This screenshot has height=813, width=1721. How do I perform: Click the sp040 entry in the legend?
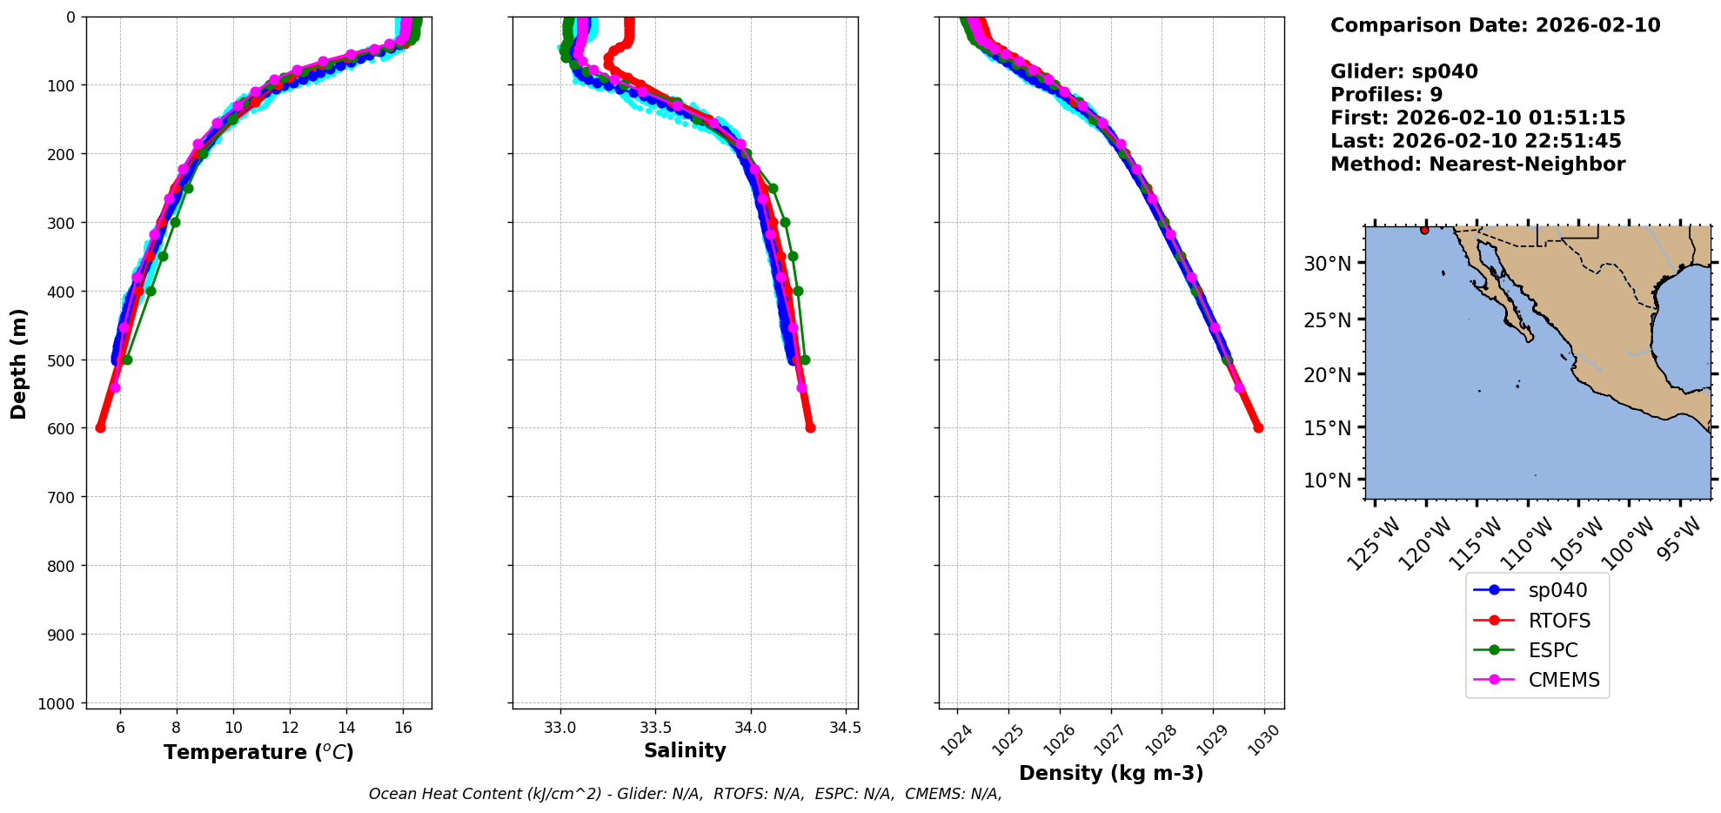point(1557,590)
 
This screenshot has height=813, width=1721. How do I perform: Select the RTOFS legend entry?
point(1558,621)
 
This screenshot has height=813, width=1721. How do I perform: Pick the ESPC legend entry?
point(1552,650)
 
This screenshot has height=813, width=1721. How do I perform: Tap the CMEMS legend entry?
point(1564,680)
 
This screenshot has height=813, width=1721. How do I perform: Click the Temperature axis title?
point(258,752)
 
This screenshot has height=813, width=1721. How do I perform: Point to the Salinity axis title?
point(685,750)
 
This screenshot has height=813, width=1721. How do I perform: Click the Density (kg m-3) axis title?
point(1111,773)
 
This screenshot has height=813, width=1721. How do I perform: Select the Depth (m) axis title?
point(19,363)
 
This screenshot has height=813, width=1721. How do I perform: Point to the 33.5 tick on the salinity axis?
point(655,727)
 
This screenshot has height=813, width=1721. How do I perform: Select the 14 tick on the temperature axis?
point(346,727)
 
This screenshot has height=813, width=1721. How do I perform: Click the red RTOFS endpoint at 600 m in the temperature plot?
point(100,427)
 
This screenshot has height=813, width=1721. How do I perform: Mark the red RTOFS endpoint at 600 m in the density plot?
point(1258,427)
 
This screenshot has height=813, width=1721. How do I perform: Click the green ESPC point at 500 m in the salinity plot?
point(805,359)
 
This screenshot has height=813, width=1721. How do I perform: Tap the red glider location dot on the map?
point(1424,230)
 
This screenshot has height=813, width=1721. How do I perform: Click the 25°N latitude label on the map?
point(1327,320)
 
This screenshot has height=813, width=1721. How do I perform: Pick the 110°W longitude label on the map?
point(1531,543)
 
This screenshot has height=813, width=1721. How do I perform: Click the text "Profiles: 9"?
point(1386,95)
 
